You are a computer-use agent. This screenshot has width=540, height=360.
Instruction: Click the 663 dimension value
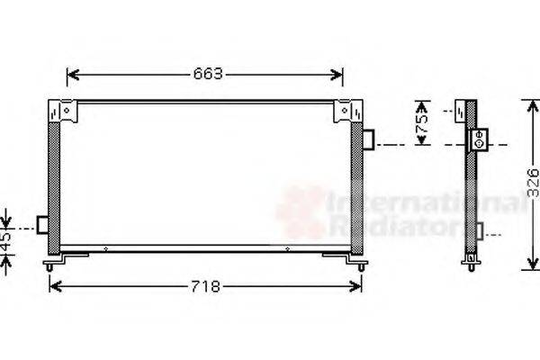coord(208,74)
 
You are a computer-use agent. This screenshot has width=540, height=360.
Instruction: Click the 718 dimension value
coord(205,286)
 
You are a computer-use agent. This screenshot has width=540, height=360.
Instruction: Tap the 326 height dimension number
coord(533,183)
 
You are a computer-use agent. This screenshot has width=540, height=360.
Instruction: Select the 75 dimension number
coord(421,123)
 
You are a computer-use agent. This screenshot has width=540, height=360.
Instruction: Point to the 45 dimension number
coord(5,241)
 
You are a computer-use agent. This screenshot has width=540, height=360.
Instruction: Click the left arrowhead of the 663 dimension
coord(73,75)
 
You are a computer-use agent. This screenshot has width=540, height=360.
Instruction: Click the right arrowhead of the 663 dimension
coord(337,75)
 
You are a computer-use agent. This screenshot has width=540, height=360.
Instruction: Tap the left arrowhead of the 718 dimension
coord(56,286)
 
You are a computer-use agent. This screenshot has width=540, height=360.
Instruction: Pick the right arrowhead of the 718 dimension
coord(355,286)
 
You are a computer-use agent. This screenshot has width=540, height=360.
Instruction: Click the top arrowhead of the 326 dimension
coord(533,106)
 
